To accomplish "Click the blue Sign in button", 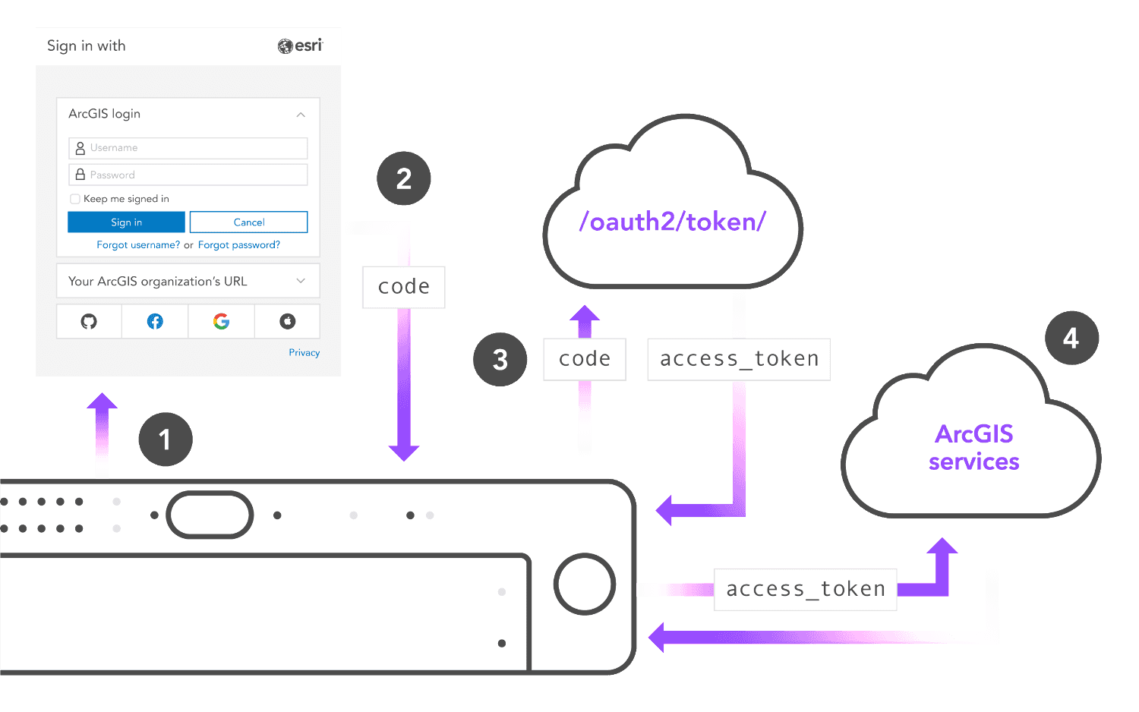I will tap(126, 222).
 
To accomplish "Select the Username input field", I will tap(188, 148).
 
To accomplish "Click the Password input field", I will tap(188, 175).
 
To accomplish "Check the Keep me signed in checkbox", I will tap(75, 199).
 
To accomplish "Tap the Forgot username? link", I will tap(138, 245).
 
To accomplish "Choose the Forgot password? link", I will tap(239, 245).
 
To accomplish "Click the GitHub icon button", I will tap(89, 322).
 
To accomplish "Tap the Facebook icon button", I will tap(155, 322).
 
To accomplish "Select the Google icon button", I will tap(221, 322).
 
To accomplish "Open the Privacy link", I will tap(304, 353).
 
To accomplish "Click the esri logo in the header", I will tap(300, 46).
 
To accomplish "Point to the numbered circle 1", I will tap(165, 439).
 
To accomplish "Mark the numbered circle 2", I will tap(404, 179).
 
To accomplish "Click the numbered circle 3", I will tap(500, 360).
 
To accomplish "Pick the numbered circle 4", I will tap(1071, 338).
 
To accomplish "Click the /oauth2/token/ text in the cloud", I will tap(673, 222).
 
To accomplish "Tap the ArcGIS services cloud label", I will tap(974, 448).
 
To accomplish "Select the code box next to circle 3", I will tap(585, 359).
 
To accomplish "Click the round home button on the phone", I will tap(584, 584).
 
